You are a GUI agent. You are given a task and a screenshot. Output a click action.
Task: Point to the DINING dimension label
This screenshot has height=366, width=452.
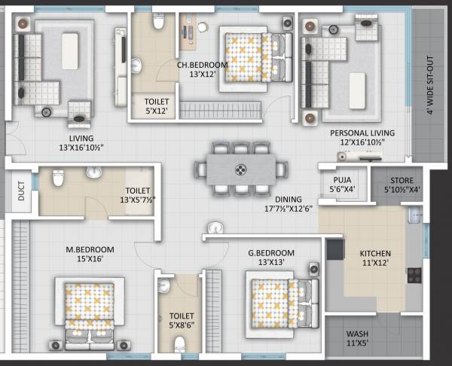point(297,203)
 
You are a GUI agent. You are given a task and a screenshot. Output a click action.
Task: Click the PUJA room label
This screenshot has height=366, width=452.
point(343,184)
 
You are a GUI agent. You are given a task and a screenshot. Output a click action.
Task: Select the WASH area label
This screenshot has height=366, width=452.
point(357,338)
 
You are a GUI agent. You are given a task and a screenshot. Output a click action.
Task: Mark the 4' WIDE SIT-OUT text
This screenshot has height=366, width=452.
point(429,84)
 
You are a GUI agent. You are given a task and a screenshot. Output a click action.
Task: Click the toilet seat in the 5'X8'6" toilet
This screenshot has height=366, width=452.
point(179,345)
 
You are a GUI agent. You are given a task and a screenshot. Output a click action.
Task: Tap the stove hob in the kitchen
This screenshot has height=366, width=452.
point(414,274)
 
